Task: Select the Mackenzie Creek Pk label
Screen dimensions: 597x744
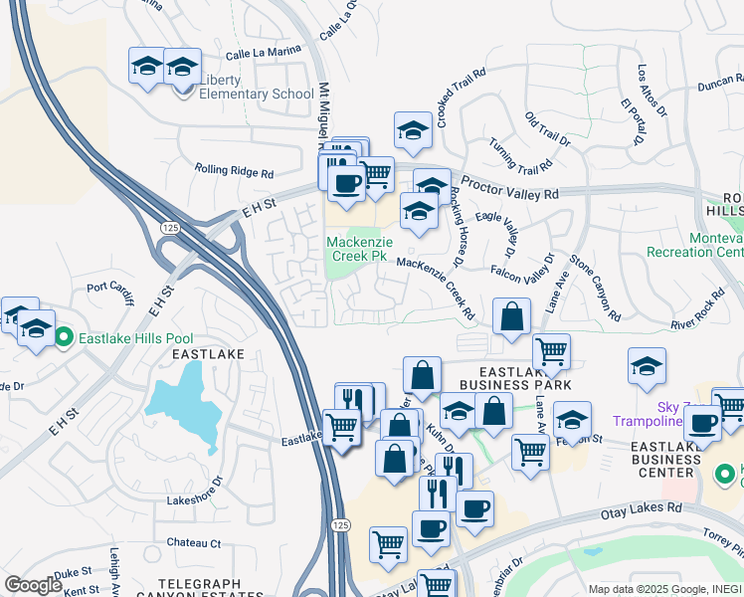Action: click(x=357, y=249)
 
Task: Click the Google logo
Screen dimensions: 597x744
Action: click(x=34, y=585)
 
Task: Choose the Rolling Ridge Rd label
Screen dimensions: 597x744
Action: click(x=234, y=172)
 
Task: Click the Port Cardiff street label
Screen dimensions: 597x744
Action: click(x=112, y=290)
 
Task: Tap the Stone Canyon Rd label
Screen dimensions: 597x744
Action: click(x=595, y=288)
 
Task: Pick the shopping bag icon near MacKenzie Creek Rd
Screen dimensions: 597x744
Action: click(x=511, y=317)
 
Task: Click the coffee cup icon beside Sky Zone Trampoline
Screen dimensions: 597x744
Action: click(x=702, y=423)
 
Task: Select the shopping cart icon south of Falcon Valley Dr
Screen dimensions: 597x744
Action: click(x=551, y=351)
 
